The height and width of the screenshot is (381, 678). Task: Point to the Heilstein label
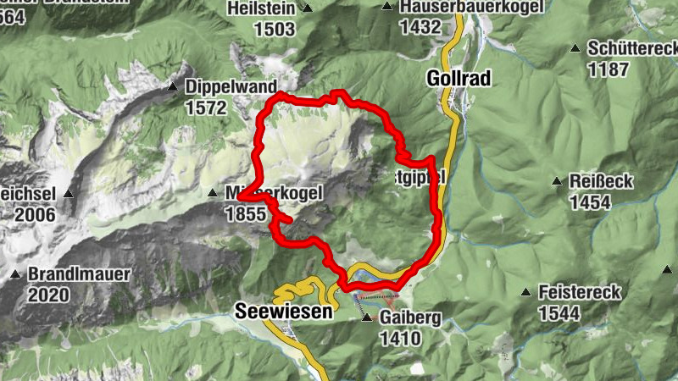(x=261, y=8)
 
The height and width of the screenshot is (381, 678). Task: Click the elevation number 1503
(x=274, y=29)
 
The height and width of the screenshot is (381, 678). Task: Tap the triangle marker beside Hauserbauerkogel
(x=387, y=7)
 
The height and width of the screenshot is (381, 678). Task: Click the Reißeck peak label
(x=598, y=182)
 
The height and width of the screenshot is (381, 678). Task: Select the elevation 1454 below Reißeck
(x=591, y=202)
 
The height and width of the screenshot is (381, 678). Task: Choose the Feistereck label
(x=580, y=293)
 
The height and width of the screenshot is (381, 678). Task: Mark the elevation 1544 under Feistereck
(x=558, y=314)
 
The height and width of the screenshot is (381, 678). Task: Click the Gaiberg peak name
(x=411, y=318)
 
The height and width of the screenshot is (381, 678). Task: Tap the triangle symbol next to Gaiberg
(x=366, y=318)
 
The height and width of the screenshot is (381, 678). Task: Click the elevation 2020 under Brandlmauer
(x=49, y=295)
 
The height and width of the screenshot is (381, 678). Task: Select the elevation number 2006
(x=35, y=215)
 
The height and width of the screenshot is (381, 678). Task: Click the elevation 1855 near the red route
(x=246, y=214)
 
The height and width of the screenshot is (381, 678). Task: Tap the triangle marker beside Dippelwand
(x=172, y=86)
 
